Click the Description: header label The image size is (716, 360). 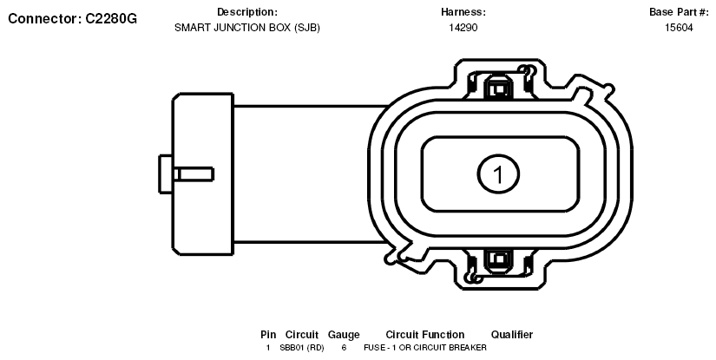[x=247, y=12]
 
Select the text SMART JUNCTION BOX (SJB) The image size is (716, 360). [x=247, y=27]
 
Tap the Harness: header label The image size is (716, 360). [x=463, y=12]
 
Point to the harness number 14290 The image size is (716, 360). [x=463, y=27]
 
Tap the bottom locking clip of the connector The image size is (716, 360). [x=498, y=259]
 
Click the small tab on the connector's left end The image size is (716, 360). [x=168, y=173]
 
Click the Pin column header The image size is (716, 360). [x=268, y=335]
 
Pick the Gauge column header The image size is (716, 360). [x=344, y=335]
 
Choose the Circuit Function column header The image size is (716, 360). [x=424, y=335]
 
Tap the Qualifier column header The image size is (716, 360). [x=511, y=335]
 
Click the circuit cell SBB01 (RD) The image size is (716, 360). [x=302, y=347]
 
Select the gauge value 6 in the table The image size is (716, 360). [x=344, y=347]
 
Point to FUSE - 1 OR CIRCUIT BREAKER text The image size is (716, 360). [x=424, y=347]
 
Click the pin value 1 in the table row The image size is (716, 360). [x=268, y=347]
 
